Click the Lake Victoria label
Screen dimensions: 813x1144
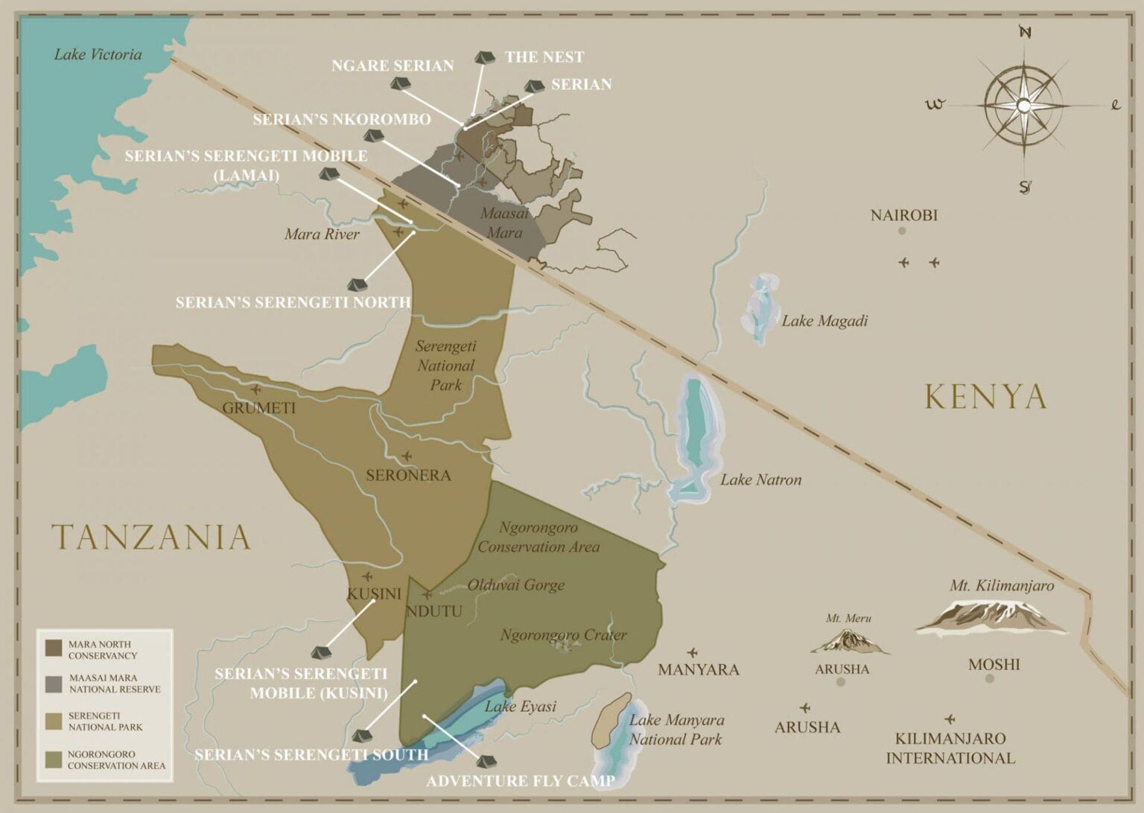click(x=98, y=54)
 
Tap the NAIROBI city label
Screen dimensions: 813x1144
click(x=903, y=215)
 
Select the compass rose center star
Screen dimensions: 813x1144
click(x=1023, y=106)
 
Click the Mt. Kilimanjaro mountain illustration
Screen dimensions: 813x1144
click(x=991, y=617)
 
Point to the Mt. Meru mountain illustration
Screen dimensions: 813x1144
click(x=849, y=641)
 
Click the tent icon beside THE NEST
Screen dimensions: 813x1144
click(x=484, y=57)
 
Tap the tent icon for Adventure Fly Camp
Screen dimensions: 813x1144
click(x=486, y=761)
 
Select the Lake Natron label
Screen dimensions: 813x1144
click(x=760, y=479)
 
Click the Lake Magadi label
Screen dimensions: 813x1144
click(x=824, y=321)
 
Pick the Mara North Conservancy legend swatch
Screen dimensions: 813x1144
click(x=54, y=648)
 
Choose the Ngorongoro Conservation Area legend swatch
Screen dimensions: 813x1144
click(x=54, y=759)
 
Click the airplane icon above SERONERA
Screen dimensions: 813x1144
click(x=407, y=456)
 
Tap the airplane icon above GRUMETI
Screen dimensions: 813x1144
click(x=257, y=389)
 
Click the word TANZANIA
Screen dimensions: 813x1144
click(x=151, y=538)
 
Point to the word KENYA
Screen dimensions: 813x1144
click(x=985, y=397)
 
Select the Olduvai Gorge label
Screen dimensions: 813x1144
click(x=515, y=585)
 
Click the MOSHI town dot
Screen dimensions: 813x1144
click(x=989, y=679)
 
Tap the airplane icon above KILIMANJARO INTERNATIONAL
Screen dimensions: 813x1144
click(x=950, y=719)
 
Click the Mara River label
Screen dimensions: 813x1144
click(x=322, y=235)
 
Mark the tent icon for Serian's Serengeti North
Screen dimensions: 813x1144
click(x=356, y=285)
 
